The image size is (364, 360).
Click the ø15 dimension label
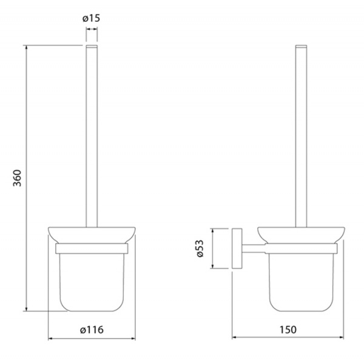click(x=91, y=18)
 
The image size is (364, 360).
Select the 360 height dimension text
click(x=17, y=178)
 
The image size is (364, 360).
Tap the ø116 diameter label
click(x=92, y=330)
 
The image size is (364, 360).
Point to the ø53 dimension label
click(x=200, y=248)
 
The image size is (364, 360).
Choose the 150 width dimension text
click(x=288, y=330)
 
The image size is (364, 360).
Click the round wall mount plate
click(x=237, y=248)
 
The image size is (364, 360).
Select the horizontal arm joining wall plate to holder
click(x=253, y=248)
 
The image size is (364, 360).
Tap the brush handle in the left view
click(x=92, y=136)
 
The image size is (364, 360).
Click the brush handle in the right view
click(x=301, y=136)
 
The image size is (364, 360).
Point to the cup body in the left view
click(x=92, y=282)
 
